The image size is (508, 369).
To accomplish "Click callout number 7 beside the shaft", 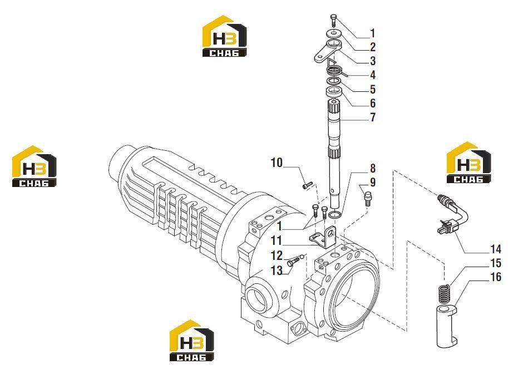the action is [x=373, y=117].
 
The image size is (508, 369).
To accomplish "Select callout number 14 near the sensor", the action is [x=496, y=249].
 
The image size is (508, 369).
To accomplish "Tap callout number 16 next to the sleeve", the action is [x=496, y=277].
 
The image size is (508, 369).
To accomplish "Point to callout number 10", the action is [x=277, y=163].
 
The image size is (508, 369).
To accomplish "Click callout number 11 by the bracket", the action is [x=277, y=240].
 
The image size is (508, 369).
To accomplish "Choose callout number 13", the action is [x=277, y=270].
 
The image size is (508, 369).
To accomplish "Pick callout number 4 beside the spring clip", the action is [x=373, y=75].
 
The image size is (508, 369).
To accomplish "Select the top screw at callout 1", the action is [x=333, y=19].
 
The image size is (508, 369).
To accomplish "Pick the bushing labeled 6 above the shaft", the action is [x=334, y=91].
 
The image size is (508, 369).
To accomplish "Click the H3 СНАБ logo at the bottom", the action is [x=192, y=341].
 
